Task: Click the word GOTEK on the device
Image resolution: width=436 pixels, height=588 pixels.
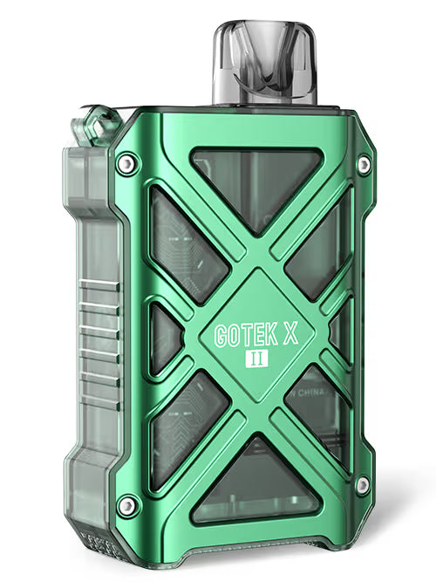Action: (x=244, y=335)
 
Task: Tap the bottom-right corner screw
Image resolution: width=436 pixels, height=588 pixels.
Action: (x=361, y=485)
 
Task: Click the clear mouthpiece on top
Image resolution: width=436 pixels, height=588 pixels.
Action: (x=266, y=65)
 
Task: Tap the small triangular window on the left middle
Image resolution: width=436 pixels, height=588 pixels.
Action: (x=165, y=337)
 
